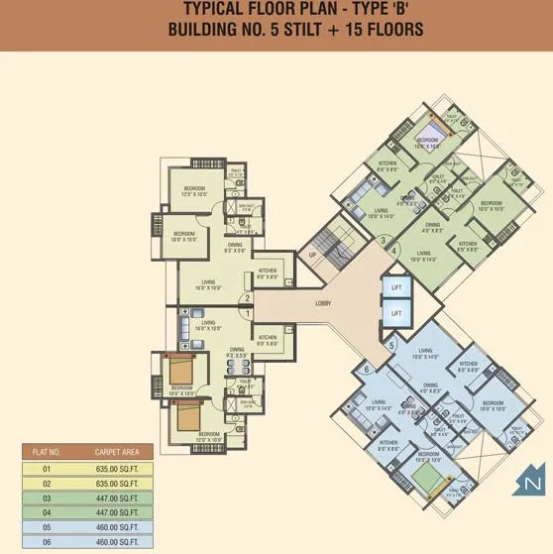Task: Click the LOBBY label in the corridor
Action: [x=323, y=303]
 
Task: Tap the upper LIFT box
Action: [x=397, y=287]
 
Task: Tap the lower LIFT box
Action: [x=397, y=313]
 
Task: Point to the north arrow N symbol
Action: [x=532, y=483]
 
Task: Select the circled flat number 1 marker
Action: [x=248, y=313]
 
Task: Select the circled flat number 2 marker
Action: [x=248, y=297]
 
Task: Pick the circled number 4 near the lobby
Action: [x=393, y=251]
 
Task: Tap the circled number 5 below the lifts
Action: [x=390, y=346]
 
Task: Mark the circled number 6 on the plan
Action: [x=367, y=370]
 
